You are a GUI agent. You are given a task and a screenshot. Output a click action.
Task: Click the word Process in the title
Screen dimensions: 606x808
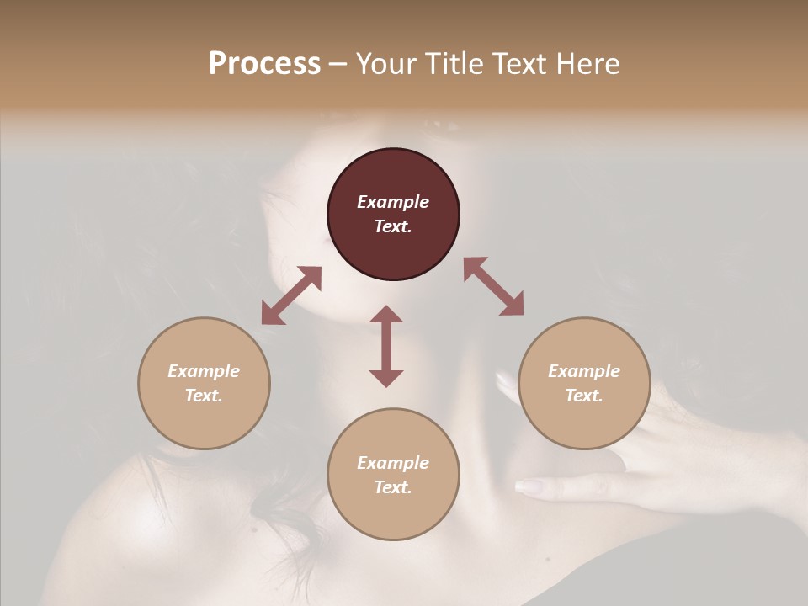(x=264, y=64)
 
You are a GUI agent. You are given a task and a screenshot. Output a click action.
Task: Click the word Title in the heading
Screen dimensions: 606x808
(x=454, y=64)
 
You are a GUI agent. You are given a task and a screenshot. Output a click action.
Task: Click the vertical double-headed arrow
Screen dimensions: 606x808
(x=386, y=346)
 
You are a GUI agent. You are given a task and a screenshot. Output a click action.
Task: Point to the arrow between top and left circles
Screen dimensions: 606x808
(x=291, y=295)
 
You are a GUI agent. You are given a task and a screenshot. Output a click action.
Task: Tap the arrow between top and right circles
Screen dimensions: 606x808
(x=494, y=286)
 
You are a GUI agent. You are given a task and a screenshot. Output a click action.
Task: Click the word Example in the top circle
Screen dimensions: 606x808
(x=393, y=202)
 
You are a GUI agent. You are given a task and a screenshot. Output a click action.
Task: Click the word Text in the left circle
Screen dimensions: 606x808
(x=204, y=396)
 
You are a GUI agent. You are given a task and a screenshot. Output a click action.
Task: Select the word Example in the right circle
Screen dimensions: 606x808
(x=584, y=371)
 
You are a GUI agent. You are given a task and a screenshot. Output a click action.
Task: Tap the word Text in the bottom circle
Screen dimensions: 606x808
(x=393, y=487)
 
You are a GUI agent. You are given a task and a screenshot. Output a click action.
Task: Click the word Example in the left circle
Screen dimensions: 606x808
(x=204, y=371)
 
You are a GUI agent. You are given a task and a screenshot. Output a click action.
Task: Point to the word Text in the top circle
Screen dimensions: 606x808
(x=393, y=226)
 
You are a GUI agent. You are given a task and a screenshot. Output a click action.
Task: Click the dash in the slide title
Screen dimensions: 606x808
(x=338, y=64)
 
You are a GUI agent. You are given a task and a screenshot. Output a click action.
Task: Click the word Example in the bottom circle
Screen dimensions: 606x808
(x=393, y=463)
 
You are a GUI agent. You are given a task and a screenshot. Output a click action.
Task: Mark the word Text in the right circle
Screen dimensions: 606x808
(x=584, y=396)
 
